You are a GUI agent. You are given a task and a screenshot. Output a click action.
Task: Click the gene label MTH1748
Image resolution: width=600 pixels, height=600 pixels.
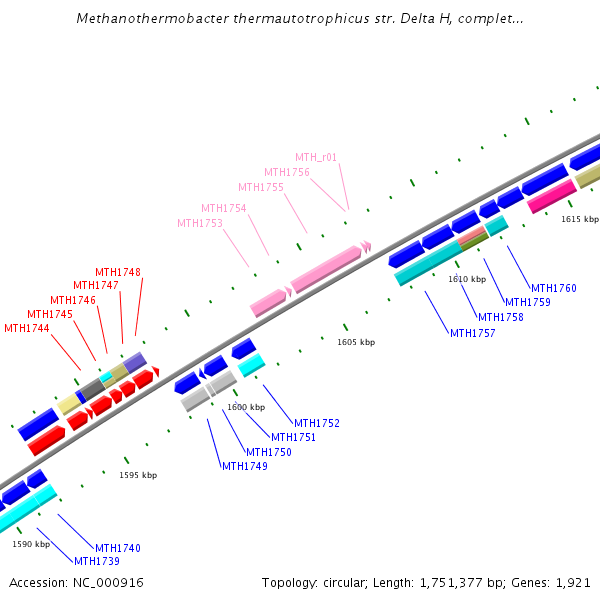(x=118, y=272)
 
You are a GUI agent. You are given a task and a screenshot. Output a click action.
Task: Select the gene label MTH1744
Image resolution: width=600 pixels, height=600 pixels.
(x=27, y=328)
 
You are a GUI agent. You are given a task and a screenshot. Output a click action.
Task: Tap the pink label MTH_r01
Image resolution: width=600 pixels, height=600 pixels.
(x=316, y=157)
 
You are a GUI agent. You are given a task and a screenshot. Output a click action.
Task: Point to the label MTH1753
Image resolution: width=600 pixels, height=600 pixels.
(x=200, y=223)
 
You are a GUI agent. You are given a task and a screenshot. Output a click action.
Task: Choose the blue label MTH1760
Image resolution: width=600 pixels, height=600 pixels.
(x=554, y=288)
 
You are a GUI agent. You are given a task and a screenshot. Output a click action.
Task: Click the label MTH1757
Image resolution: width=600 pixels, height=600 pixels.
(x=473, y=333)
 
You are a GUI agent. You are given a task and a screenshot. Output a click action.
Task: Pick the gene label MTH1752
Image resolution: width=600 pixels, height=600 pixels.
(x=317, y=423)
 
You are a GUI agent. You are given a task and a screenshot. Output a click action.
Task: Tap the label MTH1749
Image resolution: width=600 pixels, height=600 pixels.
(x=245, y=466)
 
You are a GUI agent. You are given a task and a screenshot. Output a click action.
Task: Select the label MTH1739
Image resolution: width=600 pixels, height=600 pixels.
(x=97, y=561)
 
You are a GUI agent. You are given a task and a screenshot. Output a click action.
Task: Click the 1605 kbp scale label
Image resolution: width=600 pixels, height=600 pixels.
(x=356, y=342)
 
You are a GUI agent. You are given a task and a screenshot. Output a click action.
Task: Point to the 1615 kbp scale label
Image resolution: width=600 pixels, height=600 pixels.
(x=580, y=218)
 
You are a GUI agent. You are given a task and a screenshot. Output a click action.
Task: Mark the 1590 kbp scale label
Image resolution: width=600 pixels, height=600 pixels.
(x=31, y=544)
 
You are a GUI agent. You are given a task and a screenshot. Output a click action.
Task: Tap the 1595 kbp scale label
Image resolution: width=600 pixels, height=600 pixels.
(x=138, y=475)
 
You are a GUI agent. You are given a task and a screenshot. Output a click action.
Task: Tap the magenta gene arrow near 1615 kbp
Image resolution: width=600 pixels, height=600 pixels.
(x=551, y=196)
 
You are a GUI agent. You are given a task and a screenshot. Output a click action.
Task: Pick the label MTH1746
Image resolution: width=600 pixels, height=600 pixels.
(x=73, y=300)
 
